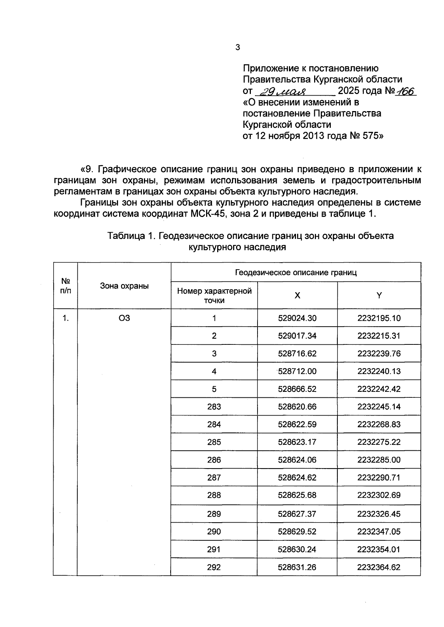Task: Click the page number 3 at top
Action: pyautogui.click(x=238, y=47)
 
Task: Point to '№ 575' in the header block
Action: pyautogui.click(x=363, y=136)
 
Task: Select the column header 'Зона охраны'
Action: pyautogui.click(x=124, y=286)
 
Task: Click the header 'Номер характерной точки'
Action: pyautogui.click(x=214, y=295)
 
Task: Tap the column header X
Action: pyautogui.click(x=297, y=295)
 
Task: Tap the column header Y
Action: pyautogui.click(x=379, y=295)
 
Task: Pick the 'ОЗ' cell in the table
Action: pyautogui.click(x=124, y=318)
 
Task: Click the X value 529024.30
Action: pyautogui.click(x=297, y=318)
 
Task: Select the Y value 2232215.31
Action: pyautogui.click(x=379, y=336)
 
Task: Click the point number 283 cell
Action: pyautogui.click(x=214, y=407)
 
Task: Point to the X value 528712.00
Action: pyautogui.click(x=297, y=371)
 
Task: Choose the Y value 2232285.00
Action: pyautogui.click(x=379, y=460)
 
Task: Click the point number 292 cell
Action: pyautogui.click(x=214, y=567)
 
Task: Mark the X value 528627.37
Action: pyautogui.click(x=297, y=514)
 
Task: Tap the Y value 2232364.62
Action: pyautogui.click(x=379, y=567)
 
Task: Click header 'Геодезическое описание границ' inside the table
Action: pyautogui.click(x=296, y=273)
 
